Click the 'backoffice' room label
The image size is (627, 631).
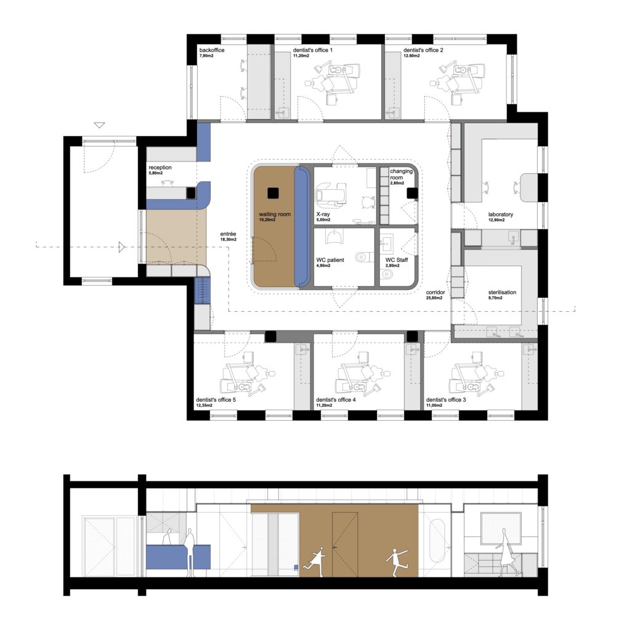[211, 51]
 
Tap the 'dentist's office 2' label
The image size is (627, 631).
[423, 51]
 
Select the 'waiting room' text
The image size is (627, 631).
[275, 214]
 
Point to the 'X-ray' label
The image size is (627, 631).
[323, 214]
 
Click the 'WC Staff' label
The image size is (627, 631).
[397, 260]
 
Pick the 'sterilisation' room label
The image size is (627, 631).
[503, 292]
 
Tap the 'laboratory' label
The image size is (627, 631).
[501, 214]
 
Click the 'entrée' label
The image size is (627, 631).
[228, 234]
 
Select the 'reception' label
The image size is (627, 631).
[160, 168]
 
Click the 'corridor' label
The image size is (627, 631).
[435, 292]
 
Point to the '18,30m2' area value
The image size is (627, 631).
[228, 240]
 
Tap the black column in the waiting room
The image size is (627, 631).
[273, 193]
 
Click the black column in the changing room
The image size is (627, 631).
[412, 193]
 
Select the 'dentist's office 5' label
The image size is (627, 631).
[216, 399]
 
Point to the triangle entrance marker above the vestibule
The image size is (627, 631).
[99, 124]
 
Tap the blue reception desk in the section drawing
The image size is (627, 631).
[178, 557]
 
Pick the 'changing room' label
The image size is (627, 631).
[401, 174]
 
